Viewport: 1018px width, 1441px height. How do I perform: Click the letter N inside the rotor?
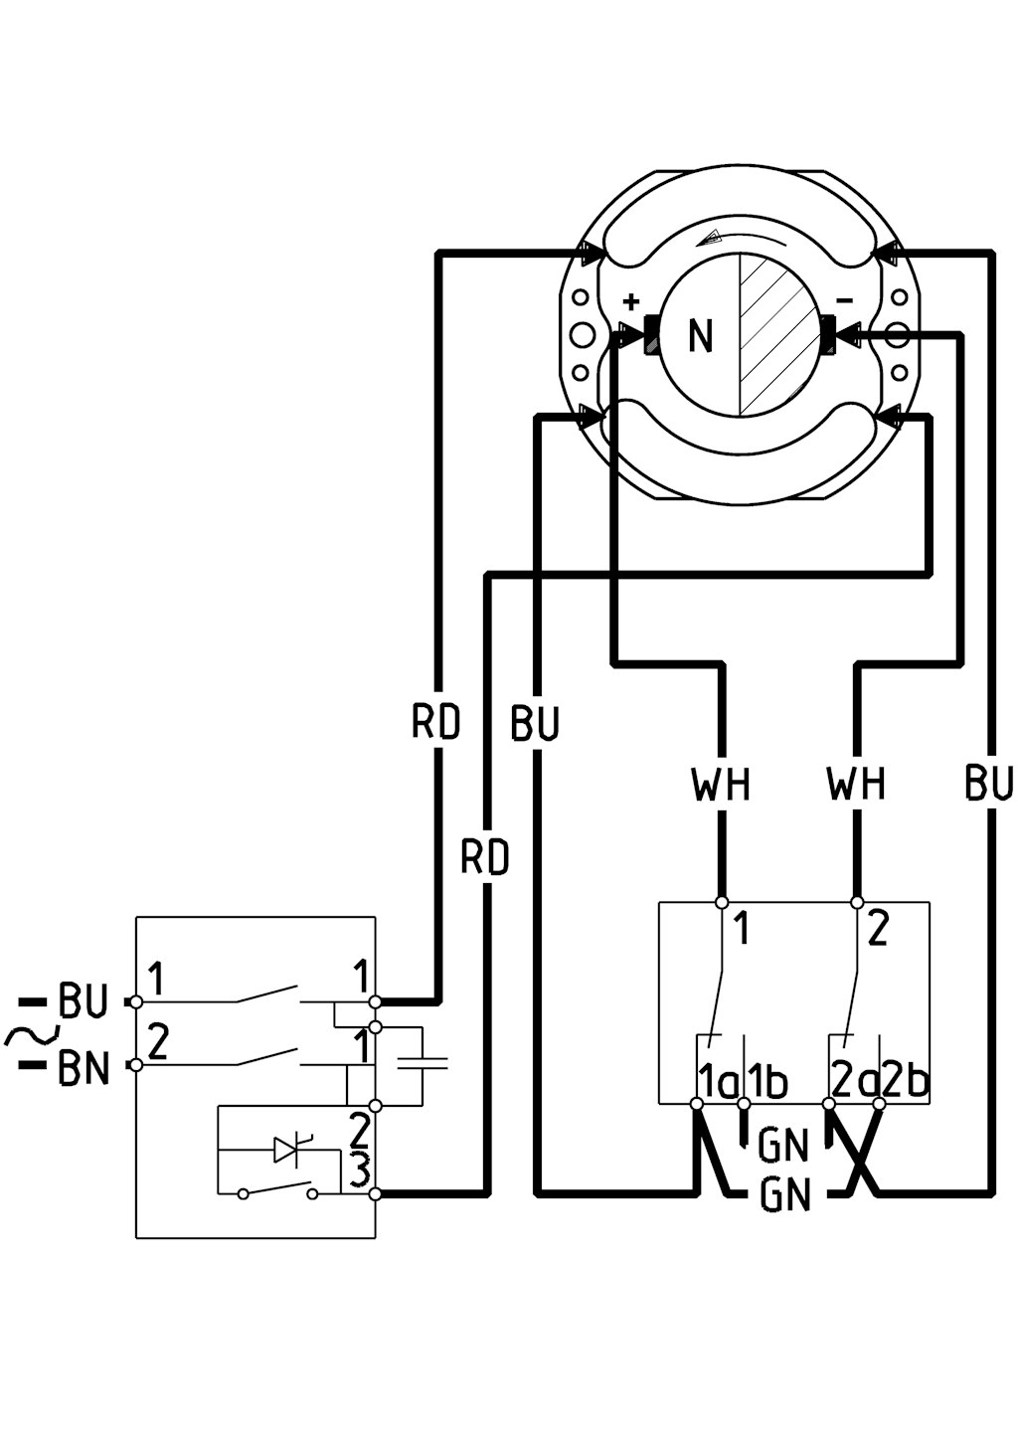coord(700,335)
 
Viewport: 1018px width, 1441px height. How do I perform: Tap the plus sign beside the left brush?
coord(632,300)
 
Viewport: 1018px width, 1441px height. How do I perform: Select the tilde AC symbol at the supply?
coord(32,1035)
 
